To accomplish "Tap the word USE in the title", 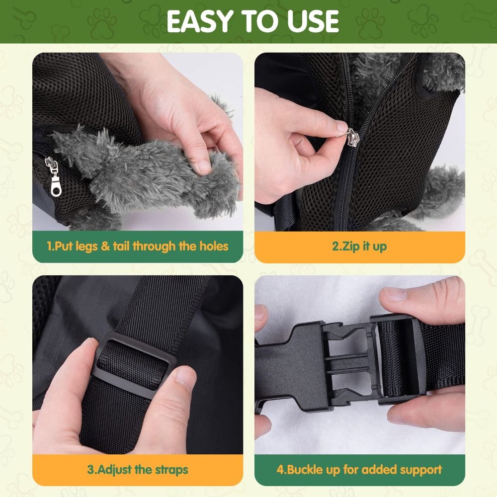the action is pyautogui.click(x=312, y=21).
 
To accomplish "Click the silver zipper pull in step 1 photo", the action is pyautogui.click(x=54, y=176).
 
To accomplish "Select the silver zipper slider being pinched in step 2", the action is pyautogui.click(x=353, y=137).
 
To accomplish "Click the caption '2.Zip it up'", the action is pyautogui.click(x=359, y=247).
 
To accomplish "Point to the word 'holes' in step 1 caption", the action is pyautogui.click(x=214, y=246).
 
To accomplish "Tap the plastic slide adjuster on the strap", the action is pyautogui.click(x=135, y=365).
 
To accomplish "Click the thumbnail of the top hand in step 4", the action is pyautogui.click(x=394, y=294).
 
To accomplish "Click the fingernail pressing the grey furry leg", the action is pyautogui.click(x=204, y=166).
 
